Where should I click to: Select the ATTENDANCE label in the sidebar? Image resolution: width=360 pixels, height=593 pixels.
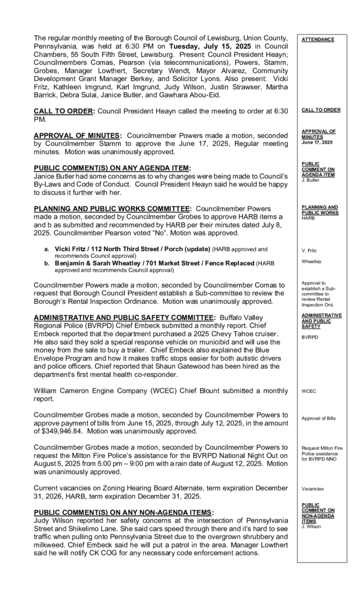tap(317, 39)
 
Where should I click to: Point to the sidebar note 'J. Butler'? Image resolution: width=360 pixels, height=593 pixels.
tap(311, 179)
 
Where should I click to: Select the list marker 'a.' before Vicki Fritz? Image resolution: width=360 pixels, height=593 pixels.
tap(47, 249)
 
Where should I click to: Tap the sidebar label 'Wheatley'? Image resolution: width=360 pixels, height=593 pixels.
tap(312, 261)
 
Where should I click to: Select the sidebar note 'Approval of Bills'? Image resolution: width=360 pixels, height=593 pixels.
tap(319, 419)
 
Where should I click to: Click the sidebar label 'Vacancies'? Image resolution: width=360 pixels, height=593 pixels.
tap(313, 489)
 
